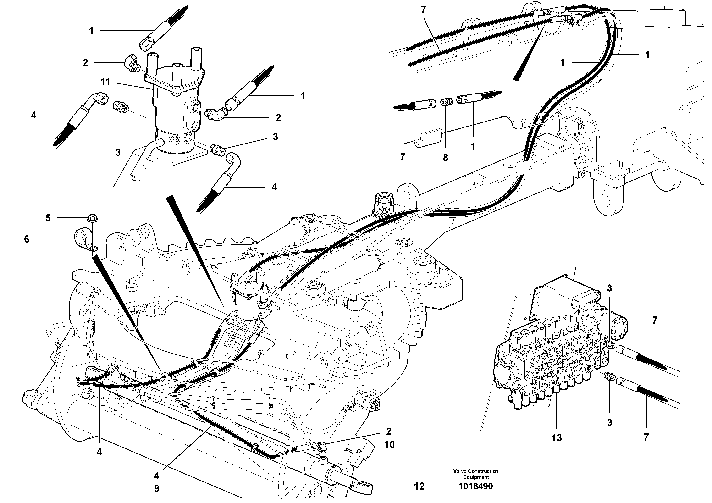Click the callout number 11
click(x=106, y=82)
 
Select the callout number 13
click(x=557, y=438)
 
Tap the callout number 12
click(x=419, y=486)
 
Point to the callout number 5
click(x=48, y=218)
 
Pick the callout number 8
click(x=445, y=158)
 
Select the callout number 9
click(x=157, y=488)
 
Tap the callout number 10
click(x=390, y=444)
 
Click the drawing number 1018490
click(x=476, y=486)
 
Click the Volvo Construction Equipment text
click(x=476, y=474)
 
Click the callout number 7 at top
click(x=423, y=10)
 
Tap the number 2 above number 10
click(x=389, y=431)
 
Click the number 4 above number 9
click(x=157, y=475)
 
